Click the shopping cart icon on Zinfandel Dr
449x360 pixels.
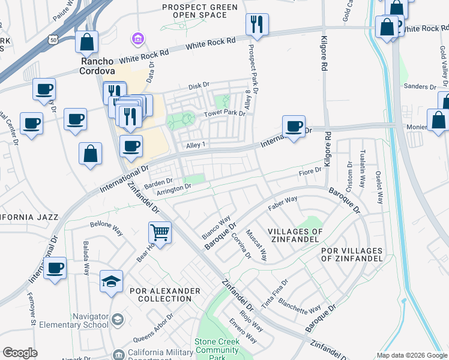(x=160, y=232)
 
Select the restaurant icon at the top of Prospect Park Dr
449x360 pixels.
(x=257, y=25)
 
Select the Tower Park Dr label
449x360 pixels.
(x=226, y=112)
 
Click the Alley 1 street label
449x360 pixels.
(x=196, y=145)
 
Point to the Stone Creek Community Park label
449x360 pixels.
(x=217, y=349)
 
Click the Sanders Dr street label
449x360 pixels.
(x=419, y=86)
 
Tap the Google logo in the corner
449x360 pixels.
(x=20, y=353)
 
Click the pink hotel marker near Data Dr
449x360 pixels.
(x=139, y=39)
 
